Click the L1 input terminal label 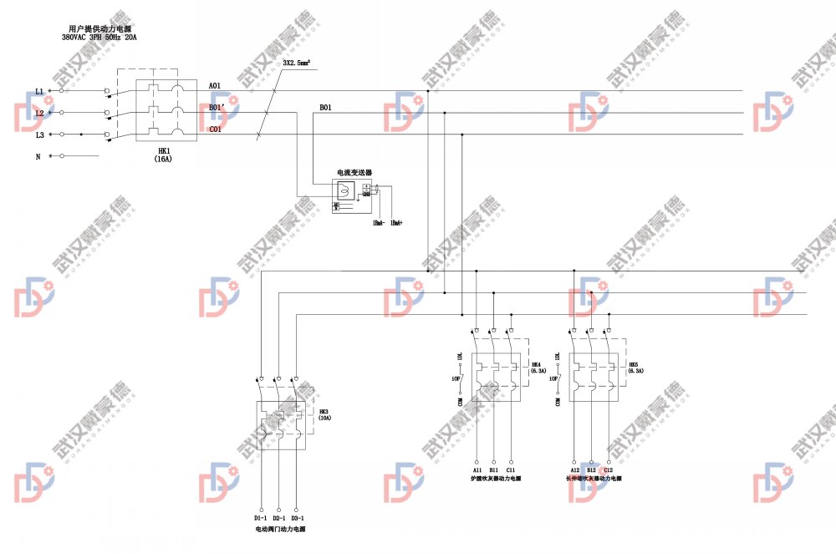38,91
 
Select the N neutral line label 38,156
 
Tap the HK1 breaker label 164,151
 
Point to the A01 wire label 215,86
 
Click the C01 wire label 215,129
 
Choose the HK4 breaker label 537,368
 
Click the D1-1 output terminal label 260,519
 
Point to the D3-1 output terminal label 297,519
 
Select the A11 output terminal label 477,470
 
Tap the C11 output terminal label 511,470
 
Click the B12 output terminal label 591,470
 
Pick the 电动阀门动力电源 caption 280,530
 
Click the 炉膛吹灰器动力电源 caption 496,479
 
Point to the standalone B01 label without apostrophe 325,108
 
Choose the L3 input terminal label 38,134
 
